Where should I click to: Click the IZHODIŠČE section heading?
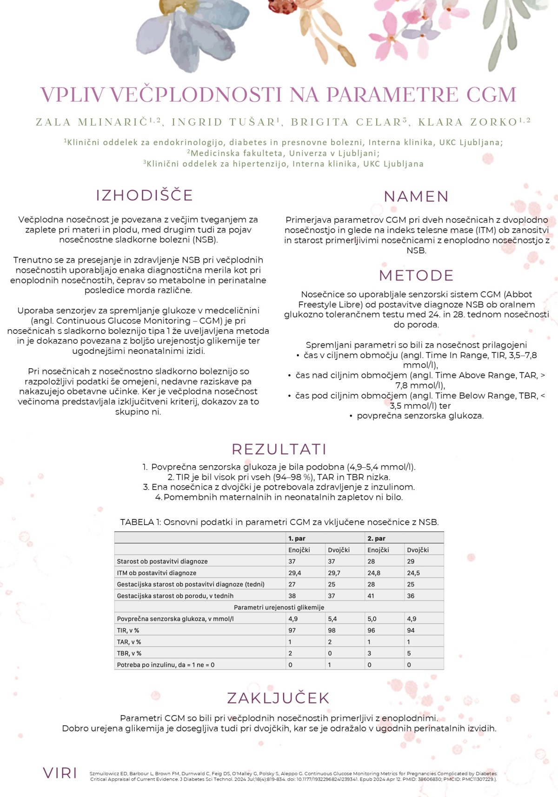(144, 195)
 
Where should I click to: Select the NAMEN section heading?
(416, 197)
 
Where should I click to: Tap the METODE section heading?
(416, 276)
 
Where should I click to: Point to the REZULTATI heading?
(279, 449)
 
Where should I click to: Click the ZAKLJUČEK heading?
(278, 698)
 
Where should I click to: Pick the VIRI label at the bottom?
(60, 773)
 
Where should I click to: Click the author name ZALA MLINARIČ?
(92, 122)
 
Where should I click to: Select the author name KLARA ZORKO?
(468, 122)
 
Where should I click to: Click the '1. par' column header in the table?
(297, 538)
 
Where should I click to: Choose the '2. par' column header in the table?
(376, 538)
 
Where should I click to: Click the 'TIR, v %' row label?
(128, 631)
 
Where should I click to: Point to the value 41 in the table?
(371, 596)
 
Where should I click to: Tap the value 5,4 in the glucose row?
(332, 619)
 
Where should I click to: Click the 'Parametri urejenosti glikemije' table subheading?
(279, 607)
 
